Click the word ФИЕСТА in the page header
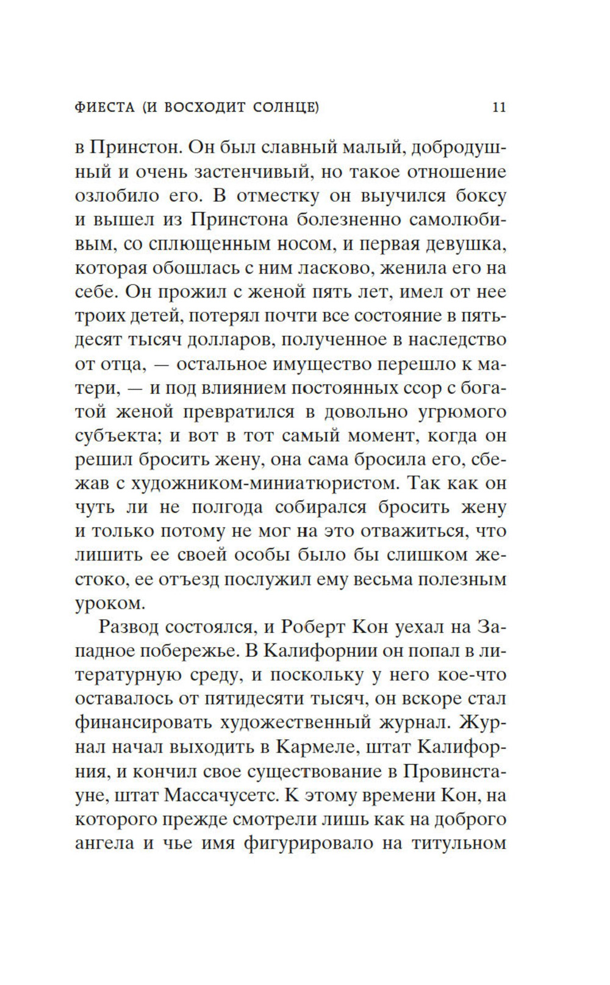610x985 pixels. click(x=104, y=108)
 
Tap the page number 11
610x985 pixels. click(x=498, y=108)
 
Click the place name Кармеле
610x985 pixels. click(x=312, y=747)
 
